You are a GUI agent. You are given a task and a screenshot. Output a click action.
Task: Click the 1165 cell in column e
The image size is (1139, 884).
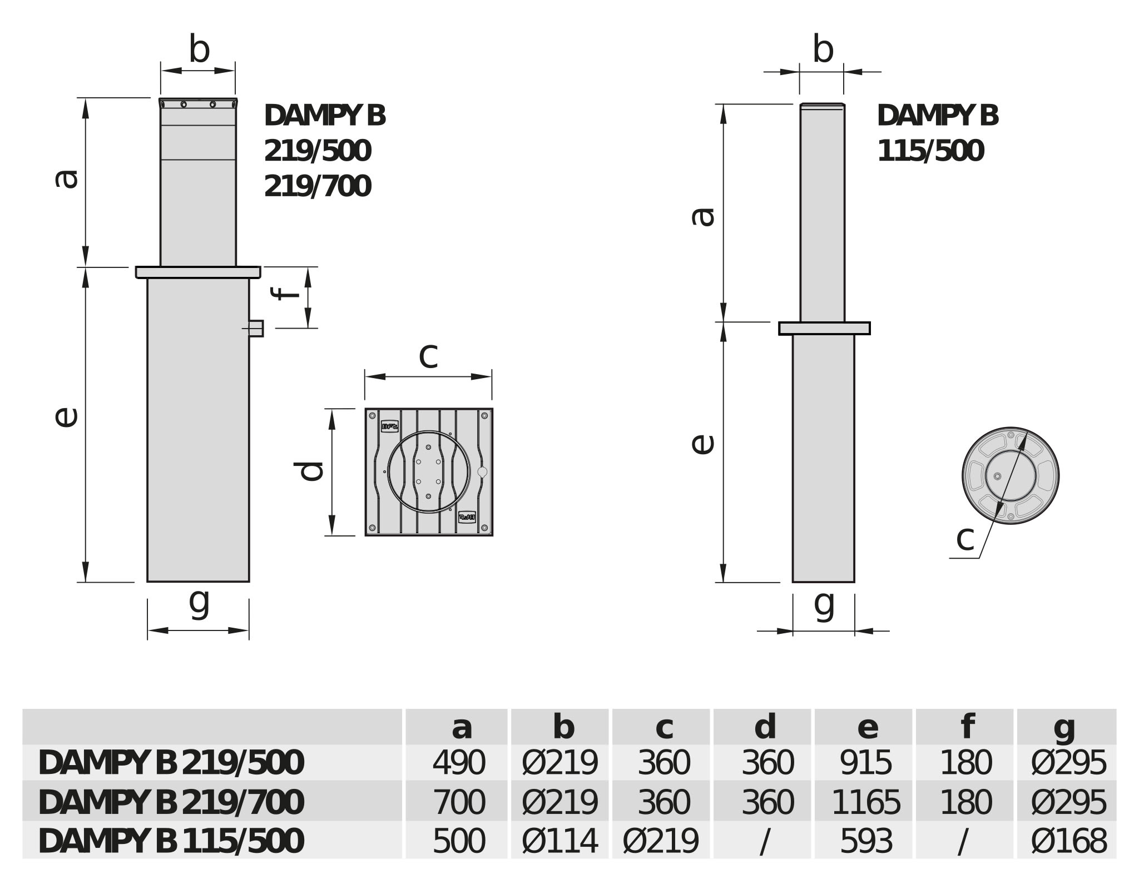(865, 802)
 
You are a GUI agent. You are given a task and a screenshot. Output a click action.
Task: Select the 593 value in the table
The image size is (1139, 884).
(865, 841)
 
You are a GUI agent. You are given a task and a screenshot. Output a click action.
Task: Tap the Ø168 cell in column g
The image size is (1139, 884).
(1068, 841)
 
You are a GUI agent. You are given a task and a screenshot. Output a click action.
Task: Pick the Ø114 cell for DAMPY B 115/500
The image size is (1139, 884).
(559, 841)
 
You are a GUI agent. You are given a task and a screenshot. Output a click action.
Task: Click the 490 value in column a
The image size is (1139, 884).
(458, 763)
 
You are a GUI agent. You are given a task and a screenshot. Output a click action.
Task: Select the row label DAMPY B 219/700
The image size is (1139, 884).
(171, 802)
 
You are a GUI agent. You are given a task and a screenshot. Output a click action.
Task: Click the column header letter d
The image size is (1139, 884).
(765, 727)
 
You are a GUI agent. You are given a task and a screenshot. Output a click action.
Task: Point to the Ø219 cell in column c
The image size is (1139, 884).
(660, 841)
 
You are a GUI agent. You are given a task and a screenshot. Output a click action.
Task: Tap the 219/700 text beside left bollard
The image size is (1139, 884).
(317, 186)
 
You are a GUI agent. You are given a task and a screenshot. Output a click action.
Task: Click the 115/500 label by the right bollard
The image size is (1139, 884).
(930, 151)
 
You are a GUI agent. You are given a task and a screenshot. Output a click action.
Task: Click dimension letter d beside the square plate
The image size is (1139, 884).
(309, 470)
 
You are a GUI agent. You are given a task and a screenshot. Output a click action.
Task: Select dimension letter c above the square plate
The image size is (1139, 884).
(428, 356)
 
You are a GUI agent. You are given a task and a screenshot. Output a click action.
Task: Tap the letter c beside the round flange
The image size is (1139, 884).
(965, 538)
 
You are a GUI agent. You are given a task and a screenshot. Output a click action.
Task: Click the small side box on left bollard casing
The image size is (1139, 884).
(256, 328)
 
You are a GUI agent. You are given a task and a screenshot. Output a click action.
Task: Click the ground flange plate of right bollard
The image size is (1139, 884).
(824, 328)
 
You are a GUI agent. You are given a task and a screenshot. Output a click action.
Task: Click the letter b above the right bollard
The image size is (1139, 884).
(823, 50)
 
